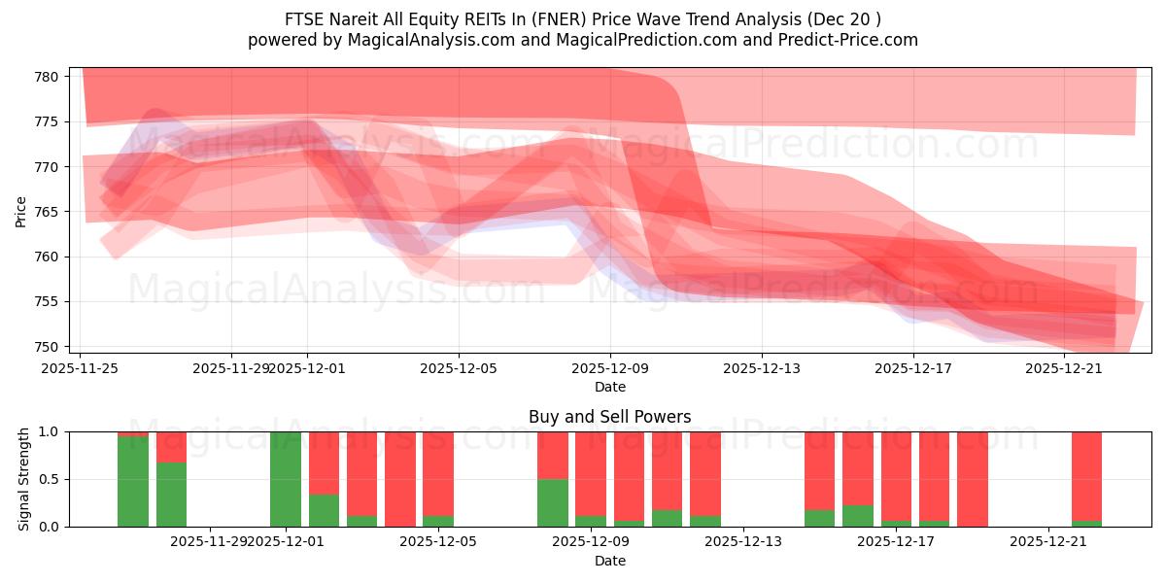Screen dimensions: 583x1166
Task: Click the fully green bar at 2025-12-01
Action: coord(286,479)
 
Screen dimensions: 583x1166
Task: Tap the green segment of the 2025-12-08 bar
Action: coord(553,502)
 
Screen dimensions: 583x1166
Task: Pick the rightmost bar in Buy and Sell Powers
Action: coord(1086,476)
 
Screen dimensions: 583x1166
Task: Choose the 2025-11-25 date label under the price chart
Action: coord(81,368)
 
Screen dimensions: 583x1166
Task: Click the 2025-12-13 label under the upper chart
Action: coord(762,368)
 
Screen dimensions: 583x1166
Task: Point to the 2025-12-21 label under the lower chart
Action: coord(1049,541)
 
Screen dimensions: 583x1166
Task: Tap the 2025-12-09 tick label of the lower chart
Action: coord(591,541)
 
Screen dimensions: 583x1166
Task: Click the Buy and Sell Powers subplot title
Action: coord(610,417)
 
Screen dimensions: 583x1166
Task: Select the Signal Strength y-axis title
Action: coord(24,479)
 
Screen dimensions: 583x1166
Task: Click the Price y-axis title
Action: coord(21,211)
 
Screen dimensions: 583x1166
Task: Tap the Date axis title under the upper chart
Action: coord(610,387)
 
